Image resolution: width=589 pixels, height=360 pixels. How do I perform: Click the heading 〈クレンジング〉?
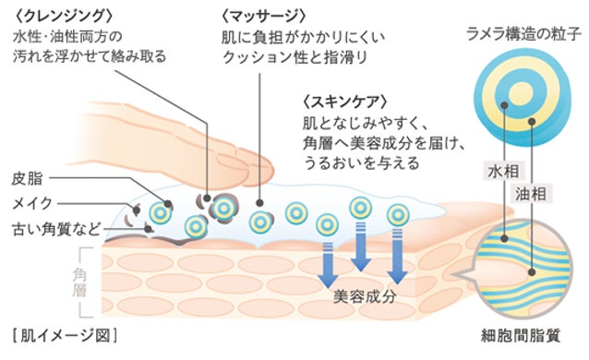pyautogui.click(x=63, y=17)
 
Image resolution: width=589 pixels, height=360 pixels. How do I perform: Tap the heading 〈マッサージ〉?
pyautogui.click(x=264, y=17)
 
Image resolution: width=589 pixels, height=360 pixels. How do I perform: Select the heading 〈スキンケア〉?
pyautogui.click(x=345, y=102)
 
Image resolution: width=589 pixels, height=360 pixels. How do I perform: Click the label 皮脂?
pyautogui.click(x=28, y=178)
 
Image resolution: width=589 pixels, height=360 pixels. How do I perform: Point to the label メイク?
pyautogui.click(x=32, y=203)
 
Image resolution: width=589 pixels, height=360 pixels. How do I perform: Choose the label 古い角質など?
pyautogui.click(x=56, y=229)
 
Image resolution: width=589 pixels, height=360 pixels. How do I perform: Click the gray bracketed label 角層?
pyautogui.click(x=79, y=282)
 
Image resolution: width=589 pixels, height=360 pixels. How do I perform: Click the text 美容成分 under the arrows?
pyautogui.click(x=365, y=296)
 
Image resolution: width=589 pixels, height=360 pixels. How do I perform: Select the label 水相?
pyautogui.click(x=503, y=172)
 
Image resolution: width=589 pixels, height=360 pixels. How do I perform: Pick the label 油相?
pyautogui.click(x=531, y=194)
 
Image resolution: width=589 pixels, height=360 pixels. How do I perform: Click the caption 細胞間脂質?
pyautogui.click(x=521, y=336)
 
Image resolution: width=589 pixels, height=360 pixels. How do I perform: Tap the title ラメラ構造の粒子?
pyautogui.click(x=523, y=34)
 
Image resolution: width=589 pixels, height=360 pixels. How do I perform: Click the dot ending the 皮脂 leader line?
pyautogui.click(x=168, y=205)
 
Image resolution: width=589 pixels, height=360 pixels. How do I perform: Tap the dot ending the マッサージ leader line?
pyautogui.click(x=259, y=203)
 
